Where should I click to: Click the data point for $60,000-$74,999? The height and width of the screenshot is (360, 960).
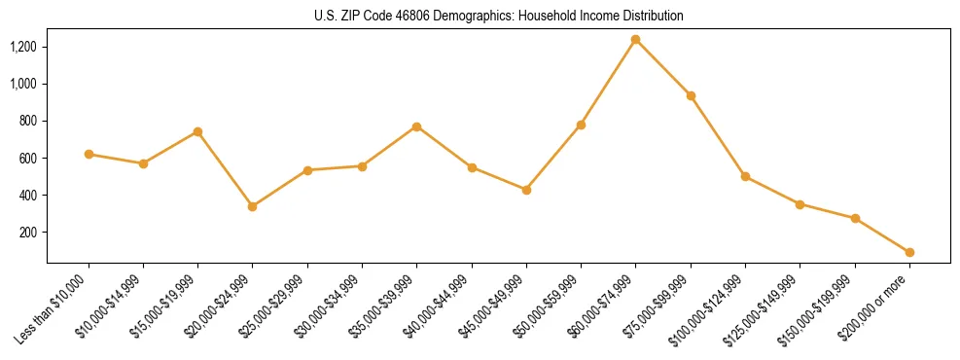(x=636, y=40)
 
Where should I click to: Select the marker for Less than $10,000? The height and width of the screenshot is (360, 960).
(x=89, y=154)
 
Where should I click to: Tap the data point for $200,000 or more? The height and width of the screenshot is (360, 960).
(x=909, y=252)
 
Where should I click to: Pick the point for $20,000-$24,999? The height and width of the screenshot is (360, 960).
(x=253, y=206)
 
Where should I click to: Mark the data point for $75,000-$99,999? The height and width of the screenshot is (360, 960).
(x=691, y=95)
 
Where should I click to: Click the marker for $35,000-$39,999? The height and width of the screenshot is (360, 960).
(x=417, y=126)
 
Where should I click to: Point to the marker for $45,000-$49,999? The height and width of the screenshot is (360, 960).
(x=526, y=190)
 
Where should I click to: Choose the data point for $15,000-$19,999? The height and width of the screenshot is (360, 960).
(x=198, y=131)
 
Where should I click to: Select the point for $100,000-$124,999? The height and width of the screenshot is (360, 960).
(x=745, y=176)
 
